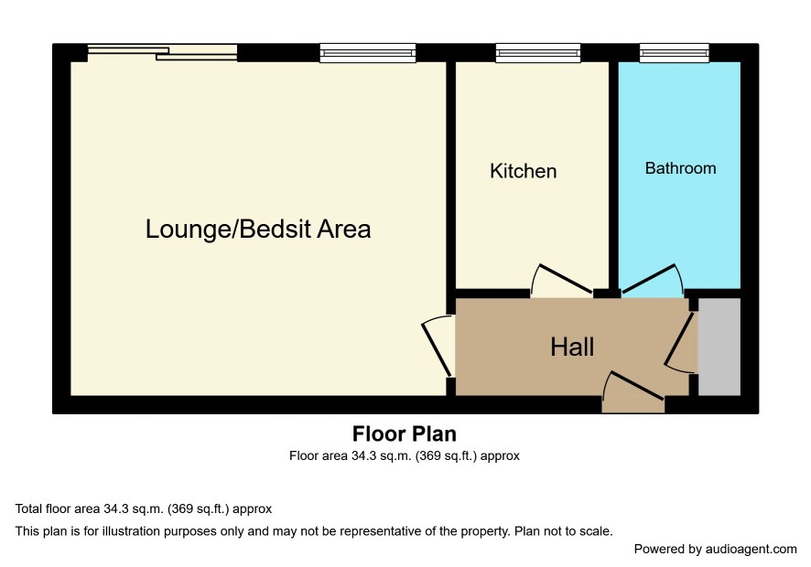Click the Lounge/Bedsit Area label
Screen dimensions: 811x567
258,229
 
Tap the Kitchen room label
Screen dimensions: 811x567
523,171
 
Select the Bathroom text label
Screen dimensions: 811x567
680,168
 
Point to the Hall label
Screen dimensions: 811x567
572,347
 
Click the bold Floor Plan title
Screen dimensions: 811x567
405,434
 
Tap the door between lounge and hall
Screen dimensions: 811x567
438,346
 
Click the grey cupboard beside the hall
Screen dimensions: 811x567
719,347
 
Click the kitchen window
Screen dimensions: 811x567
538,53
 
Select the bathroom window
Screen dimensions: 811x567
674,53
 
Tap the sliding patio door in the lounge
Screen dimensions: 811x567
162,53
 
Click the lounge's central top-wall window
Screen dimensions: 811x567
368,53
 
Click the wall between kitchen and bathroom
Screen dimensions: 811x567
614,176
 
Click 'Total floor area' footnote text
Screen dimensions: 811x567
58,508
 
